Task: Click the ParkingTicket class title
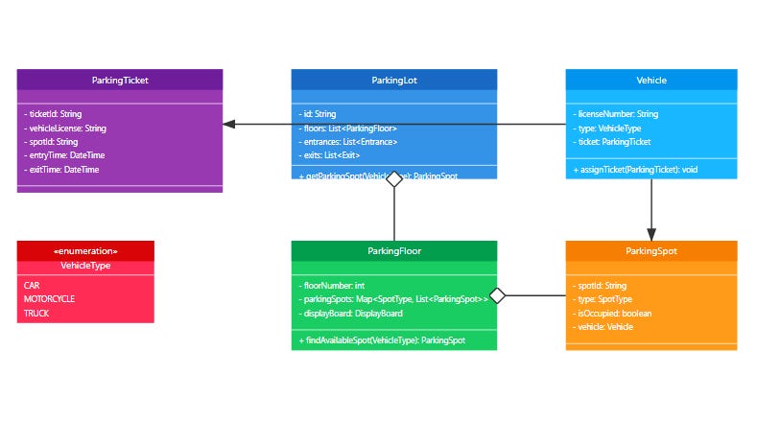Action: (120, 80)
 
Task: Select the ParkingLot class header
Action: (393, 80)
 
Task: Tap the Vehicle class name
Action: (651, 80)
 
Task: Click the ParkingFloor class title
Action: (394, 251)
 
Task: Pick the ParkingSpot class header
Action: (651, 251)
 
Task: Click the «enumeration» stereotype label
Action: (85, 251)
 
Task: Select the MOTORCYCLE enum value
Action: (49, 299)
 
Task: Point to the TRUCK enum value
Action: (36, 314)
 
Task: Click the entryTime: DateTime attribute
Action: (64, 155)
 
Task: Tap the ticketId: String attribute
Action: (56, 114)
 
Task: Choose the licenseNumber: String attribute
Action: (617, 114)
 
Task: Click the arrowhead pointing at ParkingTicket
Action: (229, 124)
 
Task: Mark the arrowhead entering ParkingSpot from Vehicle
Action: (651, 234)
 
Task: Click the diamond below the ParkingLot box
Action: (393, 187)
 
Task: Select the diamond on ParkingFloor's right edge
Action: (497, 295)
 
